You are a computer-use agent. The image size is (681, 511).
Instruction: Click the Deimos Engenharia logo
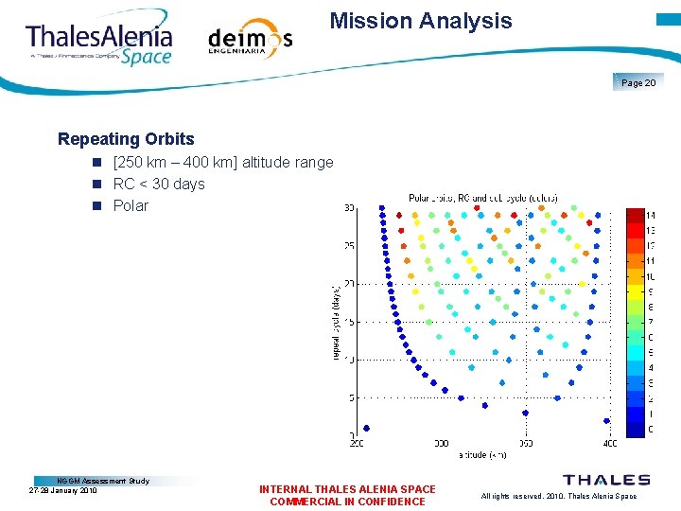click(250, 40)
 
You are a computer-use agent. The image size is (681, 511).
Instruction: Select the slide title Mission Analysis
click(421, 21)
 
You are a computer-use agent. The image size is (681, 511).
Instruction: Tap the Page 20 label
click(638, 83)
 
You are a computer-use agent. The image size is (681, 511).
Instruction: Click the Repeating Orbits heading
click(126, 139)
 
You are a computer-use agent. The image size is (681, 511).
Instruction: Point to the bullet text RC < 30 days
click(159, 184)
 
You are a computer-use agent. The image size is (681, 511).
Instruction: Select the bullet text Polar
click(131, 205)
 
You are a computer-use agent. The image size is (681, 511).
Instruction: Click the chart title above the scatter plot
click(482, 198)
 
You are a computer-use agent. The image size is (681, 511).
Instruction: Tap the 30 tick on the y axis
click(349, 208)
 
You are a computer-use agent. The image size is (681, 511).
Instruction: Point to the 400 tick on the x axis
click(609, 442)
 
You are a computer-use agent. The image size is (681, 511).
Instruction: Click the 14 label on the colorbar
click(650, 216)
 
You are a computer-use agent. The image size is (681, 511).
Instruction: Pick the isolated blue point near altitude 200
click(366, 428)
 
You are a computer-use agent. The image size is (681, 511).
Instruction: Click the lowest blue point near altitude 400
click(606, 420)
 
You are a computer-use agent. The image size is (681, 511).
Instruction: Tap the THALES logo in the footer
click(606, 481)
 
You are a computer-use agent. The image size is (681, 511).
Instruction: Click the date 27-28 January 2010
click(63, 490)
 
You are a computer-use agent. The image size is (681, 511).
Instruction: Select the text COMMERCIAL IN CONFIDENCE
click(347, 502)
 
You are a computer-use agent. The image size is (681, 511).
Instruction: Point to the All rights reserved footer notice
click(558, 496)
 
